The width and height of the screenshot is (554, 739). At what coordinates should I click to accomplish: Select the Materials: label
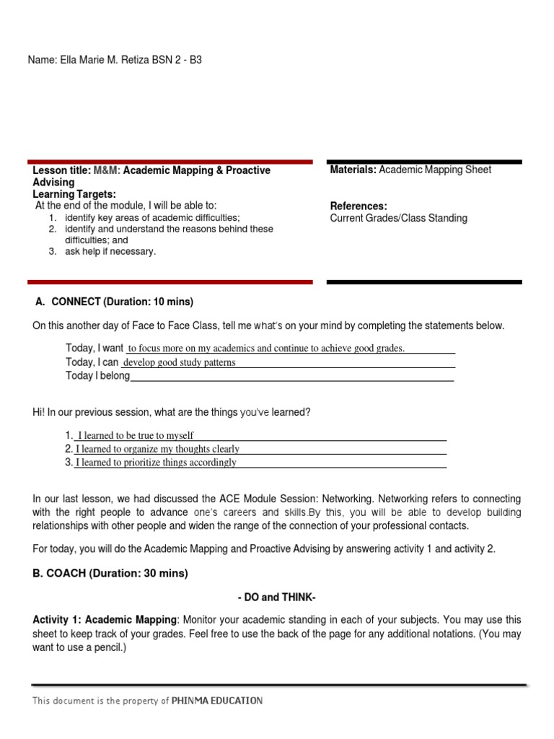pos(353,170)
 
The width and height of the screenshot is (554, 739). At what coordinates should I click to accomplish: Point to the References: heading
pos(359,206)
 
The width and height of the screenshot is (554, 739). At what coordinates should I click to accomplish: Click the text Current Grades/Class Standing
pos(398,218)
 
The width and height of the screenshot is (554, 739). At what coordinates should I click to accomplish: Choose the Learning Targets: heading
pos(74,194)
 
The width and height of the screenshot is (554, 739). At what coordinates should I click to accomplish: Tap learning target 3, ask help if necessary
pos(110,252)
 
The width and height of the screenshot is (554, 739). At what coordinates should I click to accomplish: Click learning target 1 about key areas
pos(151,217)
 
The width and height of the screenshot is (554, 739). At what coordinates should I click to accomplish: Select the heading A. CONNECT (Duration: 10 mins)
pos(115,302)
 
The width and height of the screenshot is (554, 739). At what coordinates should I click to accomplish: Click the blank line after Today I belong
pos(291,376)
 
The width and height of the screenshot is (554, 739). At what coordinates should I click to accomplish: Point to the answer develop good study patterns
pos(180,362)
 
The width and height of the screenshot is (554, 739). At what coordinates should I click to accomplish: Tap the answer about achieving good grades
pos(266,349)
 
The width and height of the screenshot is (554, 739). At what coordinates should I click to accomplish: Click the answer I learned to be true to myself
pos(136,436)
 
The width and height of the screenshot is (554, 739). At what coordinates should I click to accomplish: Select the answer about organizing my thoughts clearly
pos(157,449)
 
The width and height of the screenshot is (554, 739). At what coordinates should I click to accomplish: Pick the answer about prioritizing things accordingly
pos(156,463)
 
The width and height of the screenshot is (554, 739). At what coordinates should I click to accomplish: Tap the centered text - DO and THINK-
pos(276,598)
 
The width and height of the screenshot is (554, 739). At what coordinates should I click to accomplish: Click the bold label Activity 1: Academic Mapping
pos(105,620)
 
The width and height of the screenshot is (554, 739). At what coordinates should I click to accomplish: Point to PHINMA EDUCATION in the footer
pos(217,701)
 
